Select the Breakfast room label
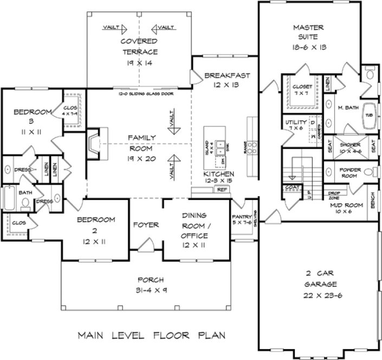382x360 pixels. (228, 75)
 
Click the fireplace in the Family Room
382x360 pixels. (95, 142)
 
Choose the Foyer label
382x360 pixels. (146, 224)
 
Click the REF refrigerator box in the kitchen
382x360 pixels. (221, 190)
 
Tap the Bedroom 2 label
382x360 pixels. (95, 224)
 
